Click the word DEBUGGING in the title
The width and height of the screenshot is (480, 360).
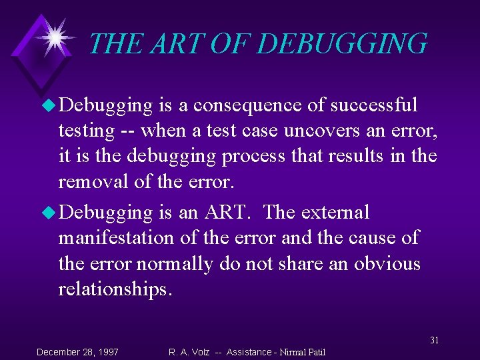pos(342,44)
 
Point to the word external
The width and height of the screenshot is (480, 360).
pos(335,213)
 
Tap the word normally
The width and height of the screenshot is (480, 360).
pos(175,264)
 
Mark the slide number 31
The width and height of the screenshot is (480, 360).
pos(434,340)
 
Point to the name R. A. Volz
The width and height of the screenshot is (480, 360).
pos(189,351)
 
